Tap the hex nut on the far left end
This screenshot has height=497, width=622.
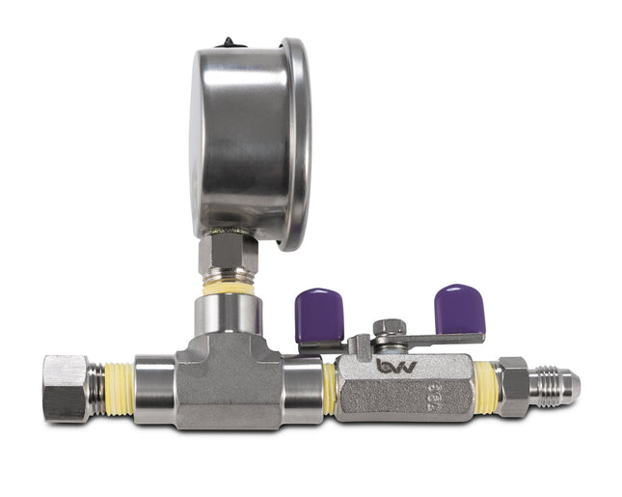pos(66,387)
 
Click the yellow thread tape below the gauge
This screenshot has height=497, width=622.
pos(229,288)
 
